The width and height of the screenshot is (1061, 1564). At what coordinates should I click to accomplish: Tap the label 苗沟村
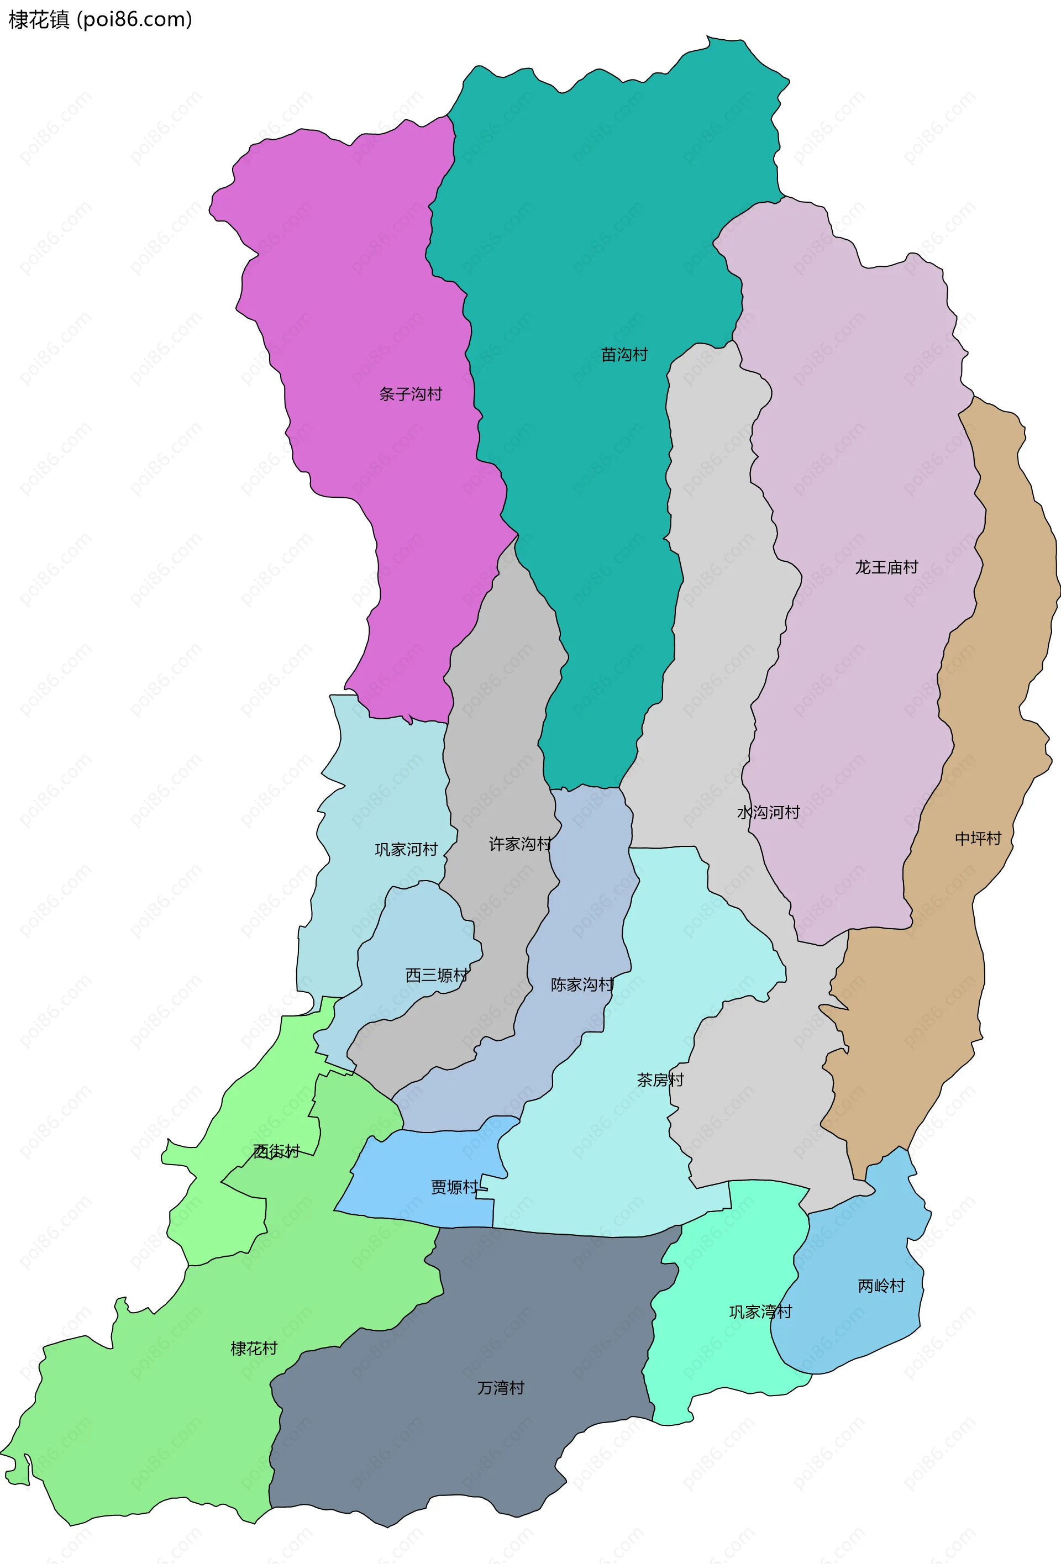coord(624,355)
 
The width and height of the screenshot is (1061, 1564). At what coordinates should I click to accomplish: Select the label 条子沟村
coord(410,394)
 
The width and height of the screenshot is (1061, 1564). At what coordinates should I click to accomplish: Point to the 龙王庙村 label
coord(886,567)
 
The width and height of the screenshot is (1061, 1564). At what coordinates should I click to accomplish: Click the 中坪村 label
coord(978,839)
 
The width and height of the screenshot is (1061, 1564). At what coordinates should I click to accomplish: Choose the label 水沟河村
coord(768,812)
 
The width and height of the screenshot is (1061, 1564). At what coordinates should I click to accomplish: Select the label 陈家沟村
coord(582,985)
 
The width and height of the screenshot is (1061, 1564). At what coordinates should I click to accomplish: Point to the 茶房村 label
coord(660,1080)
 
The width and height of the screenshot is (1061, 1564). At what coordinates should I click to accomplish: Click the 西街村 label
coord(276,1151)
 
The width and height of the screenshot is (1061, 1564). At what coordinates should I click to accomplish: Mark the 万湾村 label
coord(500,1388)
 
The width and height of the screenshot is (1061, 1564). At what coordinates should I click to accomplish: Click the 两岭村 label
coord(881,1286)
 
